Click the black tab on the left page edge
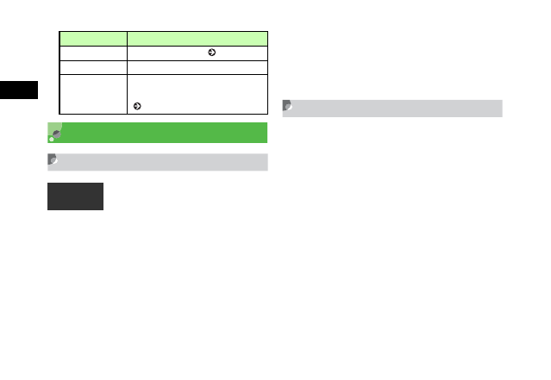pyautogui.click(x=19, y=90)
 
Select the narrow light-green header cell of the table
pyautogui.click(x=93, y=38)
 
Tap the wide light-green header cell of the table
pyautogui.click(x=197, y=38)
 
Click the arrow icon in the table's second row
pyautogui.click(x=210, y=52)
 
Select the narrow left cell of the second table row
pyautogui.click(x=93, y=52)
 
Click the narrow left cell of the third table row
pyautogui.click(x=93, y=66)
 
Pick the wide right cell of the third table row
pyautogui.click(x=197, y=66)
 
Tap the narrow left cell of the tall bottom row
pyautogui.click(x=93, y=93)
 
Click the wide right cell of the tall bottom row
pyautogui.click(x=197, y=93)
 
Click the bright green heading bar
pyautogui.click(x=164, y=132)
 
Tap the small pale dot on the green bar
pyautogui.click(x=52, y=139)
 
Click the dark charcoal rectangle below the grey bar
pyautogui.click(x=75, y=196)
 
